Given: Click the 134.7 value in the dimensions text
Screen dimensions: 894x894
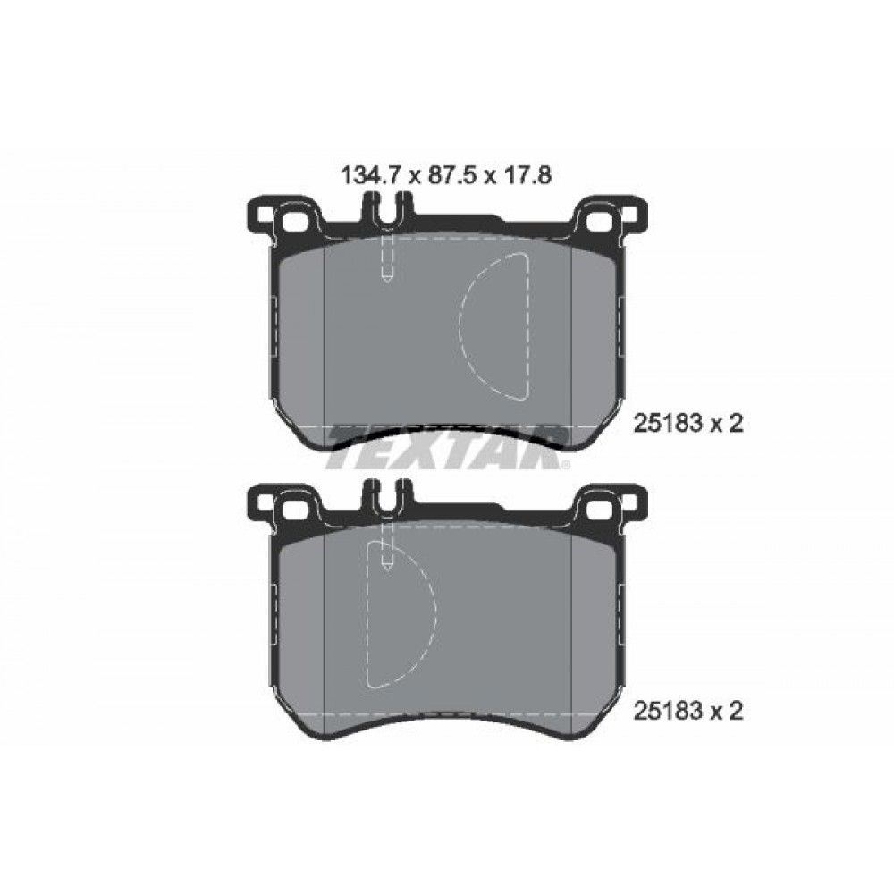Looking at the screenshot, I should click(x=369, y=176).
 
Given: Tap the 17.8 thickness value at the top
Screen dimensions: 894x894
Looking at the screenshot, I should click(x=523, y=176).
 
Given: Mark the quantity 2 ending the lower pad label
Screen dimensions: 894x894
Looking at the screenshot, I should click(x=737, y=711).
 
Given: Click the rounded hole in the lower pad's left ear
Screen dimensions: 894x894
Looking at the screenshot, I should click(x=296, y=506).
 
